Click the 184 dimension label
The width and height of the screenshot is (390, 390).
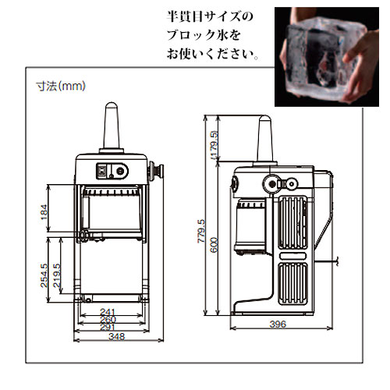(44, 212)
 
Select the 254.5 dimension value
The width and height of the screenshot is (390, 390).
(44, 275)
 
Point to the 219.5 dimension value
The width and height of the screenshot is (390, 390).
(57, 275)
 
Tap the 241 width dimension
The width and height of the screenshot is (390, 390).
(108, 311)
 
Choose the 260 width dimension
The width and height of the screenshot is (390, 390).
(108, 319)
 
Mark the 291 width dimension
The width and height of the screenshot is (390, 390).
(108, 327)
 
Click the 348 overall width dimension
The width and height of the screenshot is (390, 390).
(117, 336)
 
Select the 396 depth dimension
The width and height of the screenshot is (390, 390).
(278, 324)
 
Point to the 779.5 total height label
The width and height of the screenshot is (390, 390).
(201, 232)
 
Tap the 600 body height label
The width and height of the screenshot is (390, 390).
(214, 245)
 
